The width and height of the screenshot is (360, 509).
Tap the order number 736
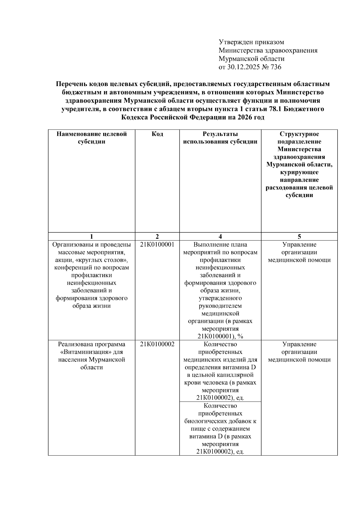point(276,67)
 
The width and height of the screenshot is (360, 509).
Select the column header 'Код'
point(157,134)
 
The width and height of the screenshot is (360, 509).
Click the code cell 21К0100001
point(157,244)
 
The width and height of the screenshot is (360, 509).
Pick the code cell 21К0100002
point(157,344)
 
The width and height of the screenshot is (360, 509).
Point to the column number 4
point(220,236)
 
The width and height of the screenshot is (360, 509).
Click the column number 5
point(299,236)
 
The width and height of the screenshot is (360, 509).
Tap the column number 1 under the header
point(91,236)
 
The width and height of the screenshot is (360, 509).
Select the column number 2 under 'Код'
point(157,236)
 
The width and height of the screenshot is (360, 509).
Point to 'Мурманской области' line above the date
point(251,59)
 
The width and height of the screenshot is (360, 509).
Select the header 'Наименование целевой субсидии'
point(91,138)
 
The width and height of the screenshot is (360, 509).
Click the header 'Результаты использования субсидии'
point(220,138)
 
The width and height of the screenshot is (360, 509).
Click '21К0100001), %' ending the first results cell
point(220,336)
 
